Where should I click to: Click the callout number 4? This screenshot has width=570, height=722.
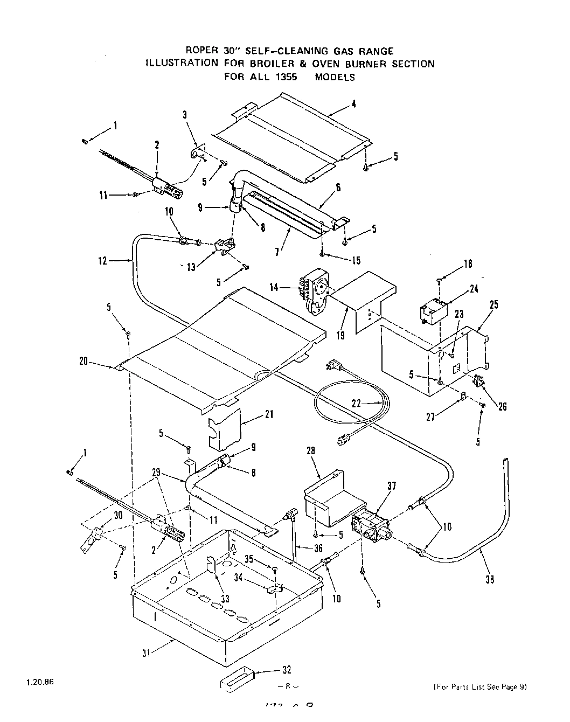click(x=353, y=105)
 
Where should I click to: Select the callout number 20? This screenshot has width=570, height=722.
click(x=84, y=362)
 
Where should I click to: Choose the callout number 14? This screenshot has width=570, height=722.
click(x=274, y=287)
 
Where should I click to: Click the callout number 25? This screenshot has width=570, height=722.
click(x=494, y=304)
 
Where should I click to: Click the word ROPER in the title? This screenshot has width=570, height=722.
click(x=200, y=51)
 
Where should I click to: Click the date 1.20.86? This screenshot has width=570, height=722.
click(x=40, y=681)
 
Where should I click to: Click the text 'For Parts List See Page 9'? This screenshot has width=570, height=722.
click(x=479, y=686)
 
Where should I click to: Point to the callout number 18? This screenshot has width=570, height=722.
click(x=468, y=263)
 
